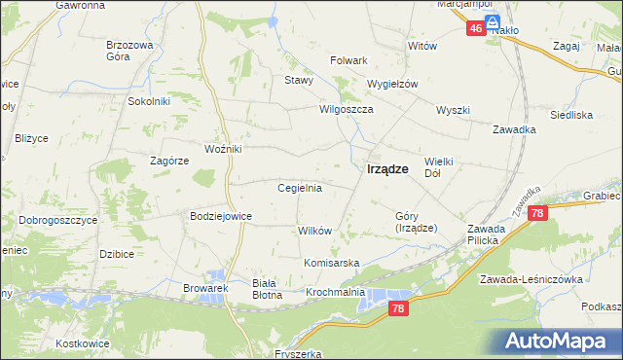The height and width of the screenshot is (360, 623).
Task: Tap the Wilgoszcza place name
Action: pyautogui.click(x=347, y=110)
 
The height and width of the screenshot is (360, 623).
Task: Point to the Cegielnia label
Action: pyautogui.click(x=300, y=188)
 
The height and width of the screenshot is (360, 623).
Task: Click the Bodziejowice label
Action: pyautogui.click(x=221, y=216)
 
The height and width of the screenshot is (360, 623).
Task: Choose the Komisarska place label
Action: pyautogui.click(x=332, y=264)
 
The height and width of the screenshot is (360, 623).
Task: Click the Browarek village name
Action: pyautogui.click(x=204, y=289)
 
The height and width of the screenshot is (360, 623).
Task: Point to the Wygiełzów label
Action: pyautogui.click(x=392, y=84)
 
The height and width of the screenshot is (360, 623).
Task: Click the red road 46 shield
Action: pyautogui.click(x=475, y=29)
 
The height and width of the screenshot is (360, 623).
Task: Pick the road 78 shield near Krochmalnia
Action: pyautogui.click(x=397, y=308)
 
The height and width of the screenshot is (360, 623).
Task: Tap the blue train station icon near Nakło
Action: pyautogui.click(x=493, y=20)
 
